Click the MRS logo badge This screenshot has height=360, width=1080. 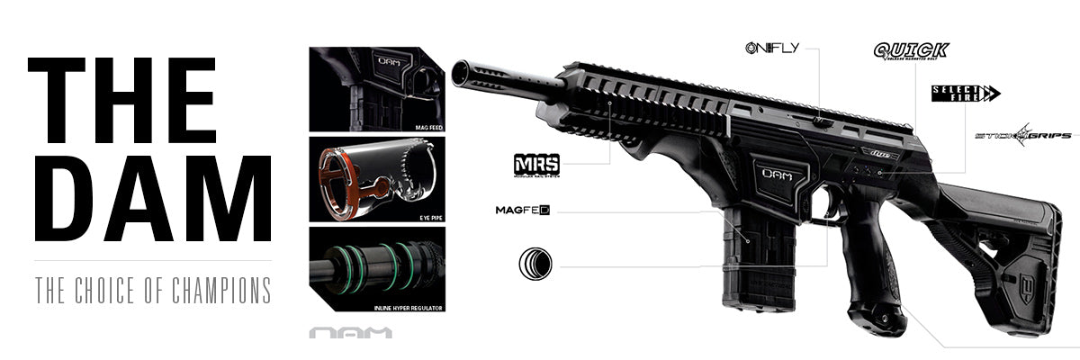pos(536,165)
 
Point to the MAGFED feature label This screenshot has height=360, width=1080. pos(522,211)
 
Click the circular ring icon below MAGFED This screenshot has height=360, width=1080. pos(535,265)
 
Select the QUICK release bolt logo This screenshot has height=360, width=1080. pos(910,51)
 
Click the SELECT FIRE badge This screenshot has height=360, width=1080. pos(966,93)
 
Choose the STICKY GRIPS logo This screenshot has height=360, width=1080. pos(1023,136)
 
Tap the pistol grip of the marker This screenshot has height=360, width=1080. pos(868,270)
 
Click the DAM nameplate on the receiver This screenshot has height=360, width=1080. pos(778,174)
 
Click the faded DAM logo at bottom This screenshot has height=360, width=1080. pos(351,333)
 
